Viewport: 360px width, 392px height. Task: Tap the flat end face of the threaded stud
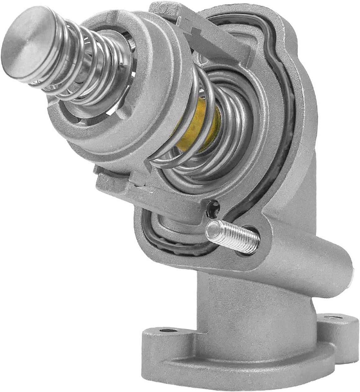click(212, 230)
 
